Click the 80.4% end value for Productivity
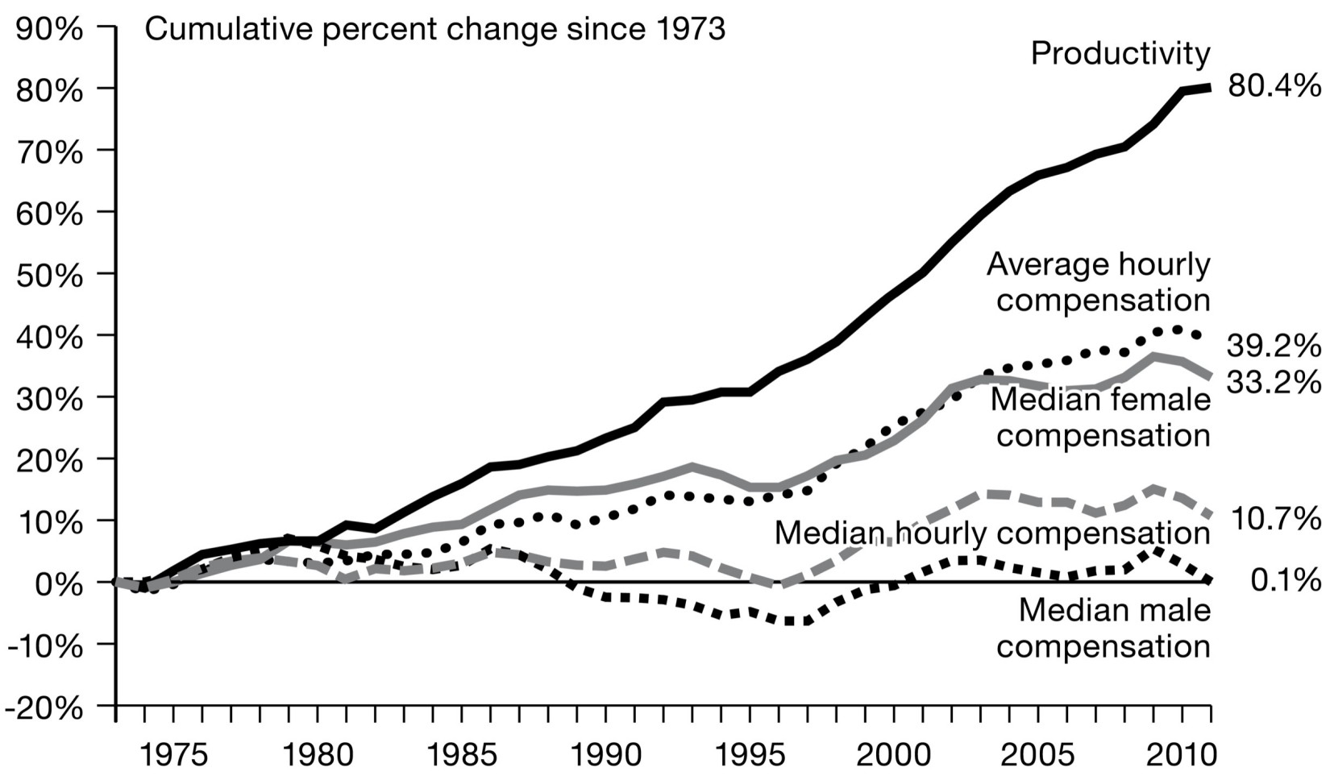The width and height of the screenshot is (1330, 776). pyautogui.click(x=1274, y=85)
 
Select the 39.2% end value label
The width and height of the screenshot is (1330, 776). pyautogui.click(x=1274, y=346)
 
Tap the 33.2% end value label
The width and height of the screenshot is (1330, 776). pyautogui.click(x=1274, y=381)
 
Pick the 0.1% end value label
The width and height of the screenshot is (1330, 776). pyautogui.click(x=1286, y=579)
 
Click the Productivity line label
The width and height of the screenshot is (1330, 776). pyautogui.click(x=1120, y=54)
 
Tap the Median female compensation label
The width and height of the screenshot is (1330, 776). pyautogui.click(x=1100, y=417)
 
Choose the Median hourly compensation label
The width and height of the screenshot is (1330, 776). pyautogui.click(x=991, y=533)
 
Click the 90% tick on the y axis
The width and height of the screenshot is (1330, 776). pyautogui.click(x=49, y=29)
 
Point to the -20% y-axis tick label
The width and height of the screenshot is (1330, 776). pyautogui.click(x=44, y=708)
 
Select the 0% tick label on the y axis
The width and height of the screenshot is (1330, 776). pyautogui.click(x=59, y=584)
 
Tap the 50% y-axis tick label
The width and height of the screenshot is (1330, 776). pyautogui.click(x=49, y=276)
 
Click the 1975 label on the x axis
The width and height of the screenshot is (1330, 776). pyautogui.click(x=173, y=757)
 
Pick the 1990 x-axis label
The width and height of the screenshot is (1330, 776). pyautogui.click(x=605, y=757)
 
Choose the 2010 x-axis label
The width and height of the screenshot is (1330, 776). pyautogui.click(x=1182, y=757)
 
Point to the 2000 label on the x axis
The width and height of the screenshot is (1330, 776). pyautogui.click(x=893, y=757)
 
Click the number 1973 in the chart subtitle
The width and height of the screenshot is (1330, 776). pyautogui.click(x=686, y=30)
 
